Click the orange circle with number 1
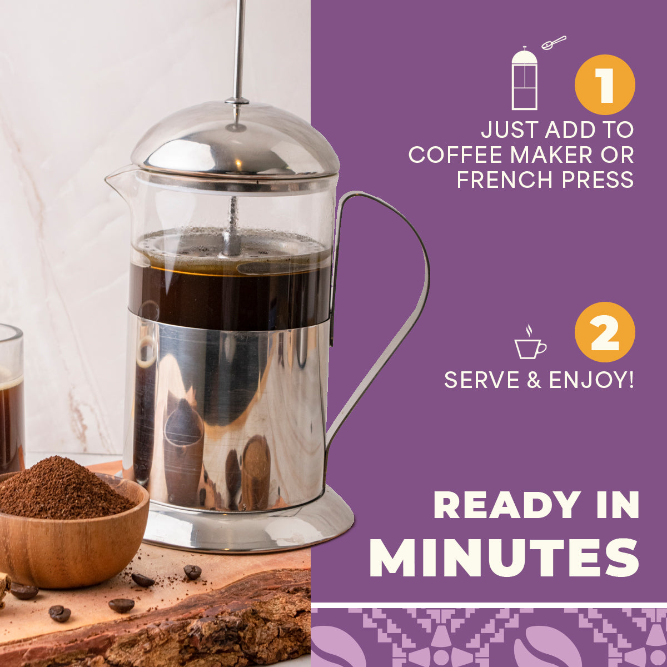point(605,85)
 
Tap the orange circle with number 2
point(605,332)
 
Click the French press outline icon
point(524,78)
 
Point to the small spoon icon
point(554,43)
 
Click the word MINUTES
point(504,557)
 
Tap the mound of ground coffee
point(62,489)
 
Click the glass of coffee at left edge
point(12,398)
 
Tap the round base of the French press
point(247,526)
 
